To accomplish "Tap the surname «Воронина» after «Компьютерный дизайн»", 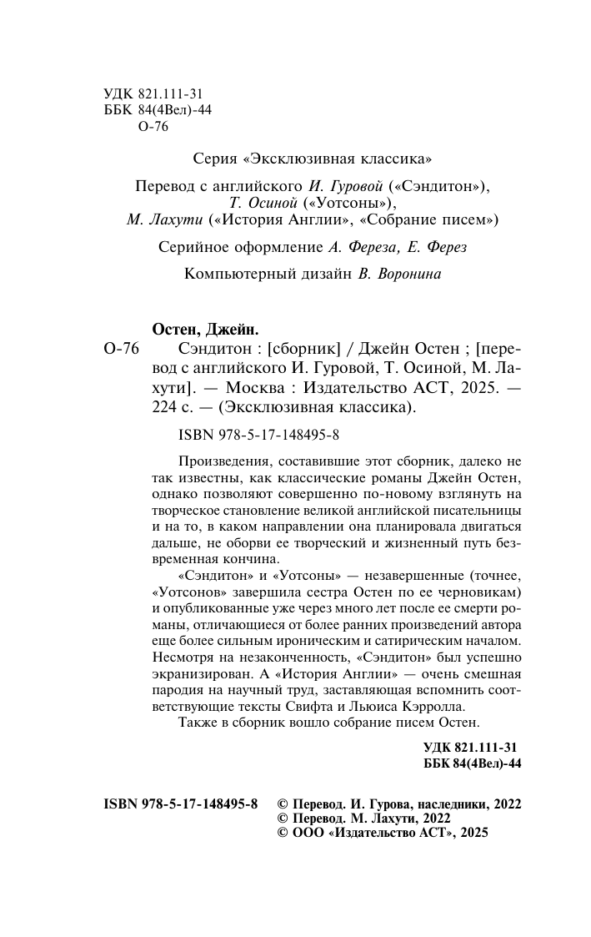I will tap(410, 274).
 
